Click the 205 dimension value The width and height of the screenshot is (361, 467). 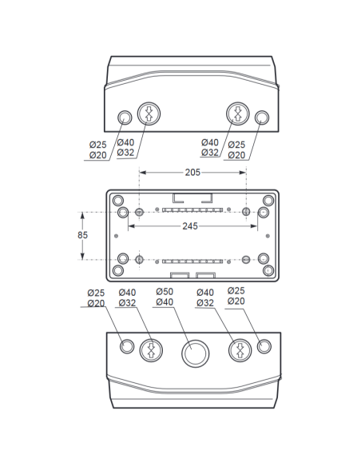192,173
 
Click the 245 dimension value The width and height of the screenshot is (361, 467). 190,226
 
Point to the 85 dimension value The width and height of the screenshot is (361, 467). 83,235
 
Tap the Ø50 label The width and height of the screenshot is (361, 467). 165,292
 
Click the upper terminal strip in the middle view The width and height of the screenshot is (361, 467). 192,210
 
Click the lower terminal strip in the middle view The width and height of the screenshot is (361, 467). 192,261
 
